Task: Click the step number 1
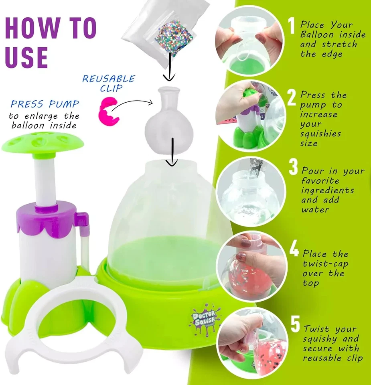click(292, 26)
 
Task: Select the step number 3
click(294, 168)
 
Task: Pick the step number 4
click(294, 249)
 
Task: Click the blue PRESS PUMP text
click(45, 105)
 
